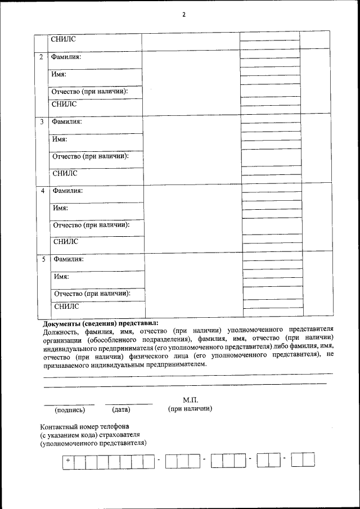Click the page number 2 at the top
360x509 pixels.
pyautogui.click(x=183, y=15)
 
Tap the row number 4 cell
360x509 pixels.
pyautogui.click(x=43, y=191)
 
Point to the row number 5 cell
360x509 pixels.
pyautogui.click(x=44, y=259)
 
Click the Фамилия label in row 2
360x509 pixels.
pyautogui.click(x=66, y=57)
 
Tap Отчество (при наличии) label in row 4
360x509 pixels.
pyautogui.click(x=91, y=225)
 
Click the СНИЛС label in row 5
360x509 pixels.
pyautogui.click(x=66, y=307)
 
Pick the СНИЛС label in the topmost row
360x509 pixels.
pyautogui.click(x=63, y=39)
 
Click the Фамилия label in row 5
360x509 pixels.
pyautogui.click(x=69, y=259)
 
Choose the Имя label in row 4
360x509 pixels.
pyautogui.click(x=60, y=208)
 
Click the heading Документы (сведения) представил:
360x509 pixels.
pyautogui.click(x=101, y=323)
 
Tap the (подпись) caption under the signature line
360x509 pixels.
pyautogui.click(x=69, y=409)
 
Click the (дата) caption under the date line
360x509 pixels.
pyautogui.click(x=121, y=409)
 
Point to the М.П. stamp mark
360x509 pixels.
pyautogui.click(x=191, y=399)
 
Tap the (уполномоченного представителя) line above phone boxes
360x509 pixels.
pyautogui.click(x=93, y=443)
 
